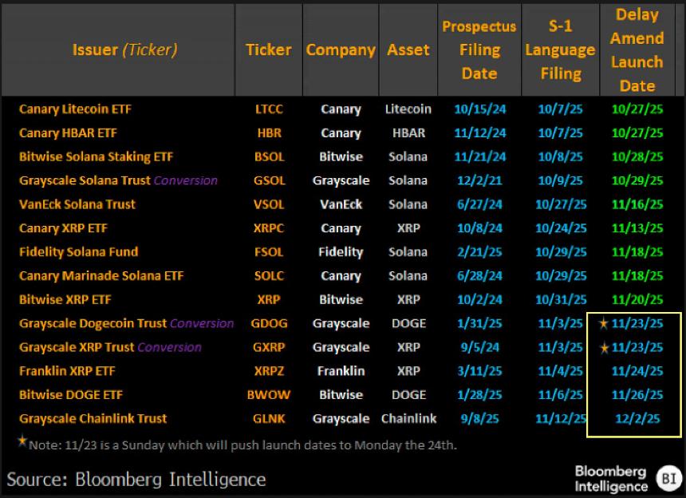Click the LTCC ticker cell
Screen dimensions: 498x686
click(268, 109)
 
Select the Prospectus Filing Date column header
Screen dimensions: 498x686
click(479, 50)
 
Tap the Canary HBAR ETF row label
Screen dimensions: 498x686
click(68, 133)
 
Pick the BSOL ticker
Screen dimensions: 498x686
click(268, 157)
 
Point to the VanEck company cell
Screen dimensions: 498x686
click(341, 204)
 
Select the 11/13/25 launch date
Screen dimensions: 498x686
click(637, 228)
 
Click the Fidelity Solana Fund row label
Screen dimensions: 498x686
click(78, 252)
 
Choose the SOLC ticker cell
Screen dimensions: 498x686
click(268, 276)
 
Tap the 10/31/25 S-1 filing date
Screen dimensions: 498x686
click(561, 300)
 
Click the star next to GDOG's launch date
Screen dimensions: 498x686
click(604, 323)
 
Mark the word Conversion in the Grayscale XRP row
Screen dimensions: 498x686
click(169, 347)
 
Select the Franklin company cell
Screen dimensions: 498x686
click(341, 371)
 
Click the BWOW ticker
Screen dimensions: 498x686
click(268, 395)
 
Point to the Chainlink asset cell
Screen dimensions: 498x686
click(408, 419)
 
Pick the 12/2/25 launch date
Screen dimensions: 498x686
click(637, 419)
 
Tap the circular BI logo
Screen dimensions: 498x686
click(667, 477)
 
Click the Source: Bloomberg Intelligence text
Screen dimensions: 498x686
click(136, 479)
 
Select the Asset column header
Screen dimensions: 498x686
click(408, 49)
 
